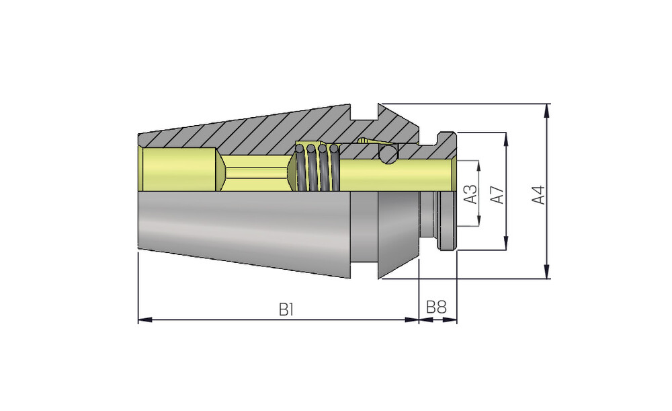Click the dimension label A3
tap(471, 194)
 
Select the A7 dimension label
tap(497, 194)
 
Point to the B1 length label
tap(286, 309)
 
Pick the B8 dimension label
tap(436, 307)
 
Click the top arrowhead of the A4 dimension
tap(546, 111)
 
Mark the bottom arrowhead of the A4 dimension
tap(546, 272)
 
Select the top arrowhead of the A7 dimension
tap(506, 139)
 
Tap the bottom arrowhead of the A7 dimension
tap(506, 243)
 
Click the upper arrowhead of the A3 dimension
tap(478, 167)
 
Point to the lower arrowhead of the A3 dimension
tap(478, 219)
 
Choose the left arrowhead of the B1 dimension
tap(145, 320)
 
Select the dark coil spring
tap(317, 167)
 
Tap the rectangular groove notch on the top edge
tap(364, 112)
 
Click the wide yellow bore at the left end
tap(179, 169)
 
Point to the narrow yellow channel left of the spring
tap(256, 173)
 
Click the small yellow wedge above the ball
tap(368, 141)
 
